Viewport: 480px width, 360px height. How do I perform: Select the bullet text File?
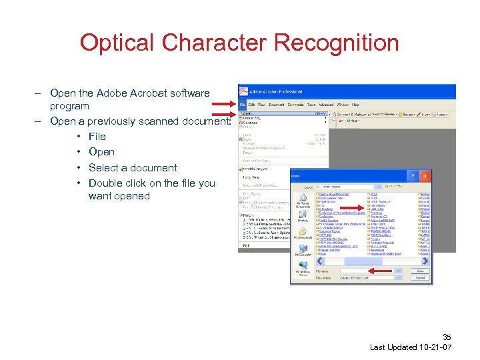tap(97, 137)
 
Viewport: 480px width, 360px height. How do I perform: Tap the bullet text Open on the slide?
tap(101, 152)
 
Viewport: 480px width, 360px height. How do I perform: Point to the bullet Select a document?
tap(133, 168)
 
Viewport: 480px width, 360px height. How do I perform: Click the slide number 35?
tap(446, 338)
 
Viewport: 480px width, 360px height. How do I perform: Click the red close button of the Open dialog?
tap(426, 176)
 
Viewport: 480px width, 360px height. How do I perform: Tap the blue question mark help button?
tap(415, 176)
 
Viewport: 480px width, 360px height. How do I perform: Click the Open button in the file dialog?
tap(420, 271)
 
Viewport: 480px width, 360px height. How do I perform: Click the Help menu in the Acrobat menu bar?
tap(355, 105)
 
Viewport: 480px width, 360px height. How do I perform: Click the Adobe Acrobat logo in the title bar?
tap(243, 91)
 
